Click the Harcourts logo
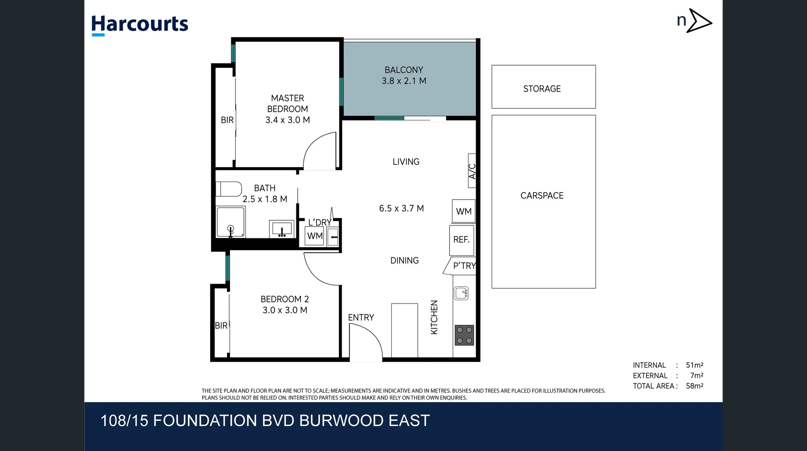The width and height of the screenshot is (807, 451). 140,24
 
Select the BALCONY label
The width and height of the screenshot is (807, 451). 403,70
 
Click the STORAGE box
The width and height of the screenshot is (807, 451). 543,87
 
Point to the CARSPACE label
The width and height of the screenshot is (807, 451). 542,195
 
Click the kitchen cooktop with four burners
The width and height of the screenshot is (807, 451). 464,335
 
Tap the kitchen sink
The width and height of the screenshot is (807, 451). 461,293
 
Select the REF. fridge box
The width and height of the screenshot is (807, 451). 462,240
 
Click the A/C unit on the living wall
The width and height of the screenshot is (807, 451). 472,171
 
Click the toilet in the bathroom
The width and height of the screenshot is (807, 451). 228,189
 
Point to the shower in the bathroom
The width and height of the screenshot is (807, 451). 230,222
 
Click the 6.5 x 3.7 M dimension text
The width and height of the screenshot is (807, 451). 401,208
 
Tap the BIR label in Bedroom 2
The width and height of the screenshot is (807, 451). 221,326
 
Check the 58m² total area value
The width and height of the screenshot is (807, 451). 694,386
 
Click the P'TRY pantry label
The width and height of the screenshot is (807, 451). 464,266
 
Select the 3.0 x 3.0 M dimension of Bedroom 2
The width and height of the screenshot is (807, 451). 285,310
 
